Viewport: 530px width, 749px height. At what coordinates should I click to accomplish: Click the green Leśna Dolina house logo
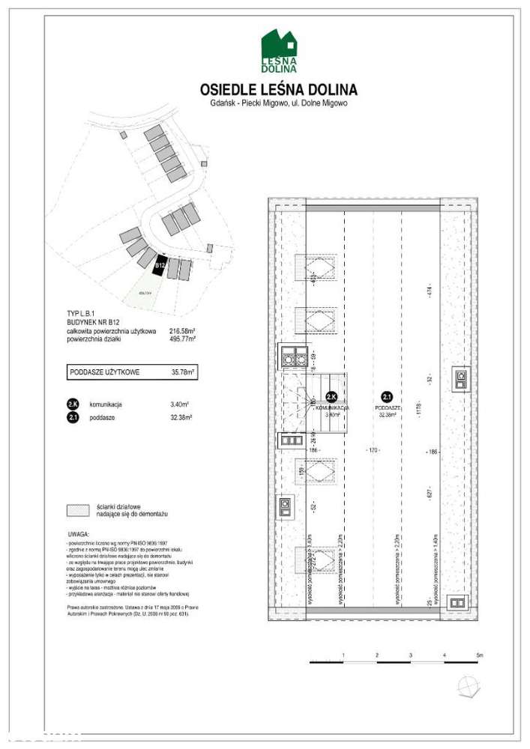coord(279,51)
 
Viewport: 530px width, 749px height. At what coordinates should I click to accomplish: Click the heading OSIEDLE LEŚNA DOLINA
coord(279,89)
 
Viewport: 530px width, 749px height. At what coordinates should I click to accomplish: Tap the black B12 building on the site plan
coord(159,264)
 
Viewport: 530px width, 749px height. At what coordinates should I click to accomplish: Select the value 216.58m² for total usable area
coord(182,331)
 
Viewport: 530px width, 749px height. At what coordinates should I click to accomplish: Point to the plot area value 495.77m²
coord(182,339)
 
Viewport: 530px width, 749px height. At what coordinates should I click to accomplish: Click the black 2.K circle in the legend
coord(73,404)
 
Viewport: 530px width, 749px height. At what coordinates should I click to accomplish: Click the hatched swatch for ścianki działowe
coord(79,511)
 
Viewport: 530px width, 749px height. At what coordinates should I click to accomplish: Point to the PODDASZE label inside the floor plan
coord(387,407)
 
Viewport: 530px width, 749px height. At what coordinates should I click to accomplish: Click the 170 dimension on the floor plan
coord(373,450)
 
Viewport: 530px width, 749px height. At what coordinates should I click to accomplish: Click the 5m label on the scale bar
coord(480,655)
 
